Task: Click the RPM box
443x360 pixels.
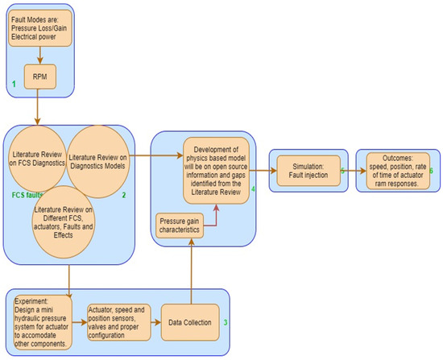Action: pyautogui.click(x=40, y=77)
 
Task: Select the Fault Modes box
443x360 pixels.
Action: pyautogui.click(x=40, y=28)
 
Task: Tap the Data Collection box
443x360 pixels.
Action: pyautogui.click(x=190, y=322)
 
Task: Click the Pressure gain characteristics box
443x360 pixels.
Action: pyautogui.click(x=180, y=226)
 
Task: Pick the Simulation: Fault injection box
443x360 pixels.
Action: pyautogui.click(x=308, y=171)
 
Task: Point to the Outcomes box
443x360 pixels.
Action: pyautogui.click(x=398, y=171)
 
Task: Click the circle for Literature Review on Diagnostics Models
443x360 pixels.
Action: pyautogui.click(x=97, y=162)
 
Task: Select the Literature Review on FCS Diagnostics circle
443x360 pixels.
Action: pyautogui.click(x=37, y=159)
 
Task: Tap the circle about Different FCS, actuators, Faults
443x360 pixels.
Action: pyautogui.click(x=64, y=222)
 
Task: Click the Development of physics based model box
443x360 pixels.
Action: pyautogui.click(x=216, y=171)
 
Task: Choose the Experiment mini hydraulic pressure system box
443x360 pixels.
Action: pyautogui.click(x=43, y=322)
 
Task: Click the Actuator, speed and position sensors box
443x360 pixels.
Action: pyautogui.click(x=119, y=322)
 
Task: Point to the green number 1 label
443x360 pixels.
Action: pyautogui.click(x=14, y=84)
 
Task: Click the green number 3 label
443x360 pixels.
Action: pyautogui.click(x=226, y=322)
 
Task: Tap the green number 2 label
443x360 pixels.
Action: pyautogui.click(x=124, y=195)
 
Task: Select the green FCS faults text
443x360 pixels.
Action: pyautogui.click(x=27, y=195)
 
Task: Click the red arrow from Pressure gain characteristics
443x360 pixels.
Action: pyautogui.click(x=216, y=220)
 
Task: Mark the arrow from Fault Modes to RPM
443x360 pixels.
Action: pyautogui.click(x=40, y=56)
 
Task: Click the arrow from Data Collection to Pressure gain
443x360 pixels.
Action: pyautogui.click(x=192, y=271)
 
